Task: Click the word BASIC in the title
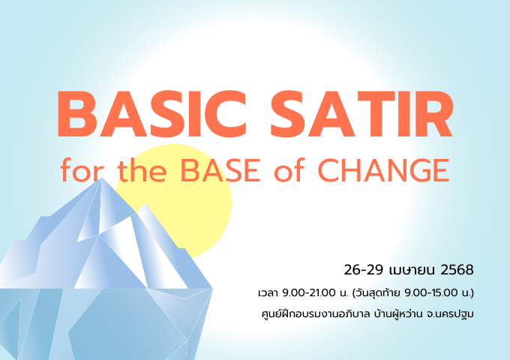click(x=151, y=114)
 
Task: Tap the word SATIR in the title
click(x=361, y=114)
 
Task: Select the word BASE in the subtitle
click(x=220, y=170)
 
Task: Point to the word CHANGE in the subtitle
click(x=383, y=170)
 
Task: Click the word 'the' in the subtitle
click(x=142, y=169)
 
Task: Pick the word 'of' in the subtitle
click(x=289, y=169)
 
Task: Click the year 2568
click(x=457, y=270)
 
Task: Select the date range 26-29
click(x=363, y=270)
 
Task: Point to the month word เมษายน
click(x=412, y=270)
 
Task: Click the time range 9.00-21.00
click(x=308, y=292)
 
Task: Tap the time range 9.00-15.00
click(x=431, y=292)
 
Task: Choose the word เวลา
click(x=268, y=293)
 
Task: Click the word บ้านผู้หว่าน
click(x=398, y=314)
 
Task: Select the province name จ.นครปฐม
click(x=451, y=314)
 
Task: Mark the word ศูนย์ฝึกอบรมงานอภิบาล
click(x=316, y=314)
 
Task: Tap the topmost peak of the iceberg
click(x=101, y=178)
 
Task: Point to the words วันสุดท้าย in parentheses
click(x=378, y=292)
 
